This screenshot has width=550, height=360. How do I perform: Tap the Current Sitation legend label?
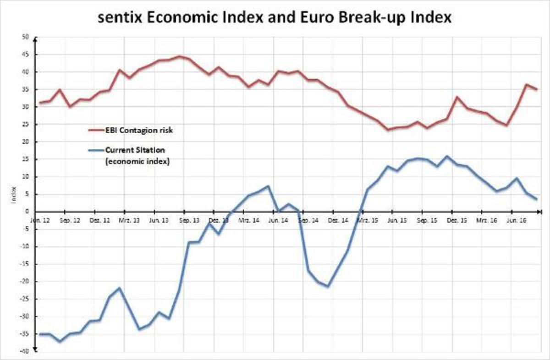(x=136, y=150)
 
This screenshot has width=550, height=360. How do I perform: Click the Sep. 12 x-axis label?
(x=70, y=220)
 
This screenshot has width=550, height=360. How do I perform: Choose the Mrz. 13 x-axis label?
(x=130, y=220)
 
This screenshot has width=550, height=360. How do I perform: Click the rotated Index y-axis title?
(x=13, y=194)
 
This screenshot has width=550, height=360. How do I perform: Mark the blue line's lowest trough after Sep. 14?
(x=327, y=286)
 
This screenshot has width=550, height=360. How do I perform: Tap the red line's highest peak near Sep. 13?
(x=180, y=57)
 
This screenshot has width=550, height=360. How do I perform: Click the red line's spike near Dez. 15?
(x=457, y=97)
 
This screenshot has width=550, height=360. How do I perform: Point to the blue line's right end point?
(x=536, y=199)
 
